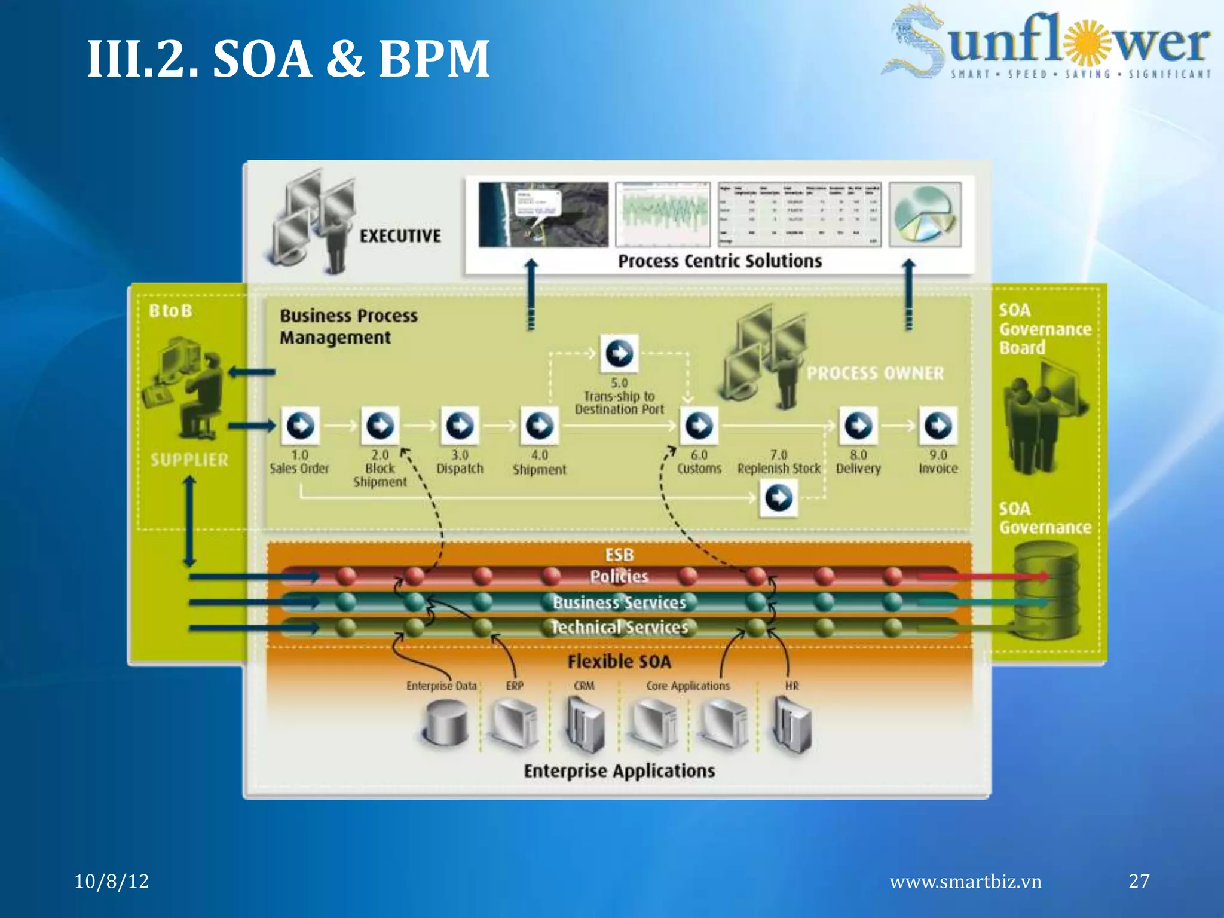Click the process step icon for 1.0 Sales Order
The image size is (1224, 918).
coord(300,426)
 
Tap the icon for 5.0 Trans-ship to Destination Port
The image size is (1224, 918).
coord(619,353)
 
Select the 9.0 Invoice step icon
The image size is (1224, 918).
coord(938,426)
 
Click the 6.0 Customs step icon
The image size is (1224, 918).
coord(699,426)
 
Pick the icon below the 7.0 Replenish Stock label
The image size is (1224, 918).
coord(779,497)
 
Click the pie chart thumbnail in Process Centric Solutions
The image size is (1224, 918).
coord(925,215)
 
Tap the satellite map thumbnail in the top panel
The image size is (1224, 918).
coord(543,215)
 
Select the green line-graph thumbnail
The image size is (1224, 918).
coord(663,215)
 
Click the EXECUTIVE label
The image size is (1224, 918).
coord(400,236)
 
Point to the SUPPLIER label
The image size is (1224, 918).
coord(189,460)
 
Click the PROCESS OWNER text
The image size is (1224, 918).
coord(875,373)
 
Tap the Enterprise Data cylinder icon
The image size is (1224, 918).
coord(445,723)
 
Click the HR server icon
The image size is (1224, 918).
coord(792,724)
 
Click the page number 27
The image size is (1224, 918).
coord(1139,881)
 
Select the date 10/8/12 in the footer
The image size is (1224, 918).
coord(112,881)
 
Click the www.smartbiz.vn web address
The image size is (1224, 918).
coord(965,882)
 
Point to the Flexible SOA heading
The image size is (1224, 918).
coord(619,662)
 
